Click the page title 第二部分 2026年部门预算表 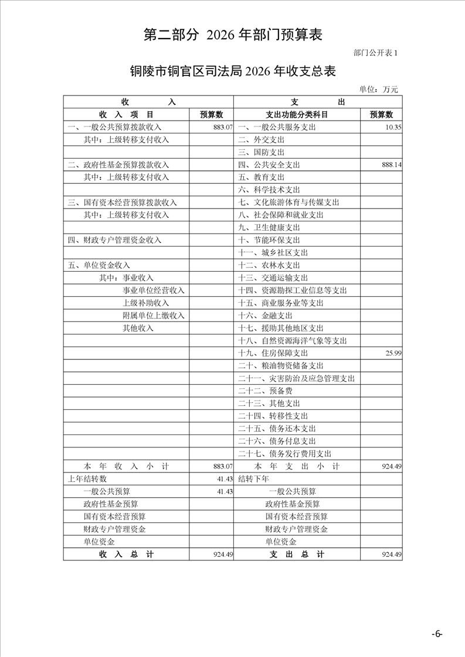tap(233, 35)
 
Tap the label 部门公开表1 tap(375, 53)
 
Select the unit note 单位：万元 tap(378, 89)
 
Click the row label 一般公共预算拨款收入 tap(114, 127)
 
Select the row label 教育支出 tap(262, 177)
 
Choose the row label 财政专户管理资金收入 tap(114, 240)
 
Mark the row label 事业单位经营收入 tap(153, 290)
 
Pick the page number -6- tap(436, 634)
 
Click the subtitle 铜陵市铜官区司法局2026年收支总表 tap(233, 71)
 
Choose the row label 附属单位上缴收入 tap(153, 316)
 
